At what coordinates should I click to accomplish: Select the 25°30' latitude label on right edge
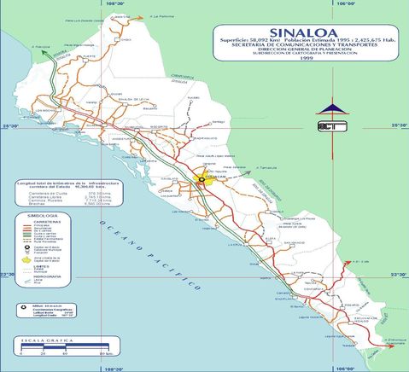point(399,125)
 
